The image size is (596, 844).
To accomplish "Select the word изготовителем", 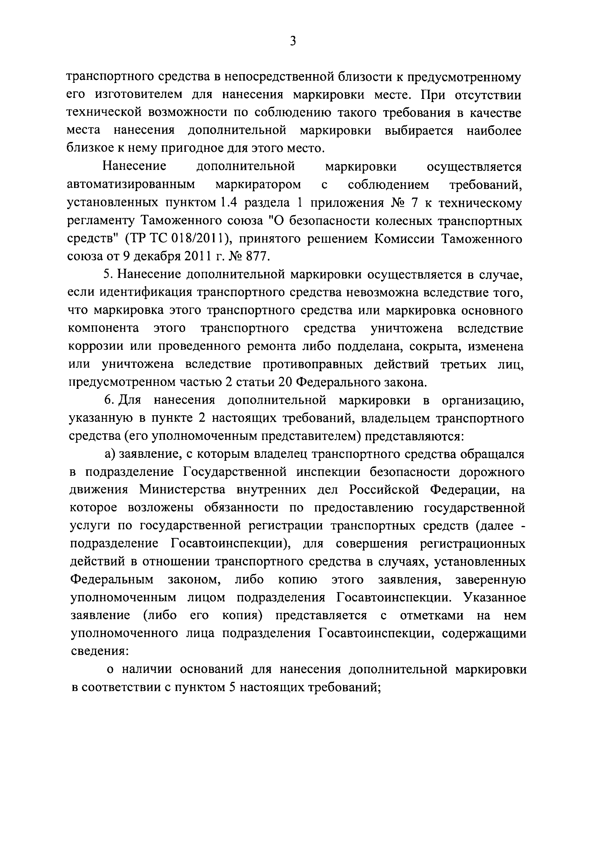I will pyautogui.click(x=138, y=95).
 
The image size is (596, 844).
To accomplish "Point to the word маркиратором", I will pyautogui.click(x=258, y=185).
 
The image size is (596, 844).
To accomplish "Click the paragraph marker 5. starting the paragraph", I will pyautogui.click(x=107, y=275).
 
